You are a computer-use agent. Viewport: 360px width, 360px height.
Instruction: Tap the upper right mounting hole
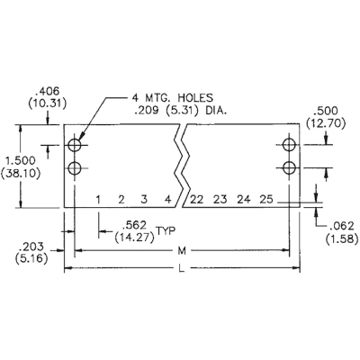pos(288,145)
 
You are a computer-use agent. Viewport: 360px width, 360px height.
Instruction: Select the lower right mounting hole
pos(288,166)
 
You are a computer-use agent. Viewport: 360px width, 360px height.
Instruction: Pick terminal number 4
pos(167,200)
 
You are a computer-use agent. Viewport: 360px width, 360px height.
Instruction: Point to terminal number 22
pos(196,200)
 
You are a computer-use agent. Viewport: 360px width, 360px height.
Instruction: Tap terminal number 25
pos(265,200)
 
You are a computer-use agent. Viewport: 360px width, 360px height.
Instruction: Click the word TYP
pos(166,231)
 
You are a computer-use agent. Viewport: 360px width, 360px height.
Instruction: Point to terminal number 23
pos(220,200)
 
